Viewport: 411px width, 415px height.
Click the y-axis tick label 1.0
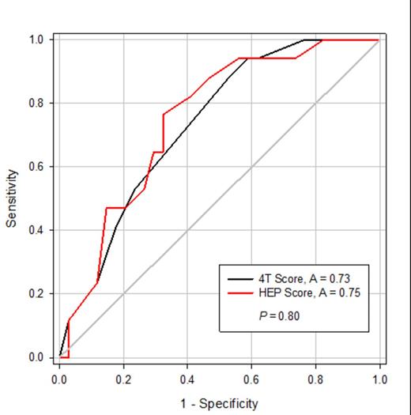[37, 39]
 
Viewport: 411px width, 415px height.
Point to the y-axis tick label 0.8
[37, 103]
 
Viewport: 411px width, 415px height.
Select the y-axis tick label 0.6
[37, 167]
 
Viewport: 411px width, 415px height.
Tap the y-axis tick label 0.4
[37, 230]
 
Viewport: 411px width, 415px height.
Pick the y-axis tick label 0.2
[37, 294]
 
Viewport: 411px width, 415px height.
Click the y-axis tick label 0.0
[37, 357]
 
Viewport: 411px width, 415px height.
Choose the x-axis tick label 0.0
[59, 380]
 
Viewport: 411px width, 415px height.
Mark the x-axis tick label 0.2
[123, 380]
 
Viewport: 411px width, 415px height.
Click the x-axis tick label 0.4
[187, 380]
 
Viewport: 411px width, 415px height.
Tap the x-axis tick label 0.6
[251, 380]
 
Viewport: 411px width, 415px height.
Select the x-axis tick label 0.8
[315, 380]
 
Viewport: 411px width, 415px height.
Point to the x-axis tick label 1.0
[379, 380]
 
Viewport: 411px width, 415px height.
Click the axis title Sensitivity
[12, 198]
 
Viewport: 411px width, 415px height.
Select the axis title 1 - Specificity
[219, 404]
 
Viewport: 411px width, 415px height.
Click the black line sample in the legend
[237, 279]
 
